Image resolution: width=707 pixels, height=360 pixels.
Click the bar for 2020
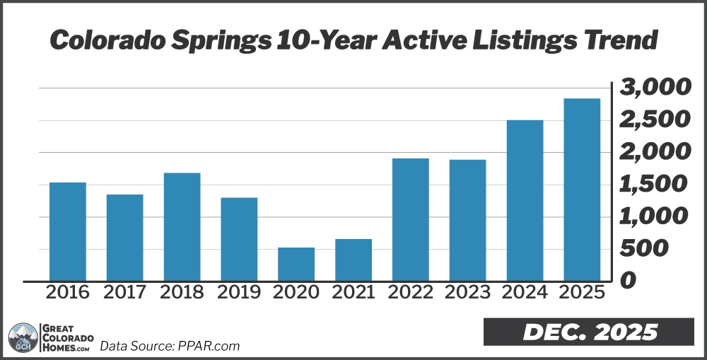point(296,264)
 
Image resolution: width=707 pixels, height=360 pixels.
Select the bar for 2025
point(582,190)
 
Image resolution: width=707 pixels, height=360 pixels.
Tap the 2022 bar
point(410,219)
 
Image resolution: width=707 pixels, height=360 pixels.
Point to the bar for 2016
point(68,231)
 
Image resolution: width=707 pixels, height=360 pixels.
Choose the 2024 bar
point(525,200)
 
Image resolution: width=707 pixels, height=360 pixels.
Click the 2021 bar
point(353,260)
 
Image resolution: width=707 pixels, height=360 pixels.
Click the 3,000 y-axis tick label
point(654,88)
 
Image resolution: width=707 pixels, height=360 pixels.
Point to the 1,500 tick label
point(654,185)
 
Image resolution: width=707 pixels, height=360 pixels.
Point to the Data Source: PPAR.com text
point(170,346)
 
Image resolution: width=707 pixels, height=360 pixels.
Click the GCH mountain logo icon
point(22,337)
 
